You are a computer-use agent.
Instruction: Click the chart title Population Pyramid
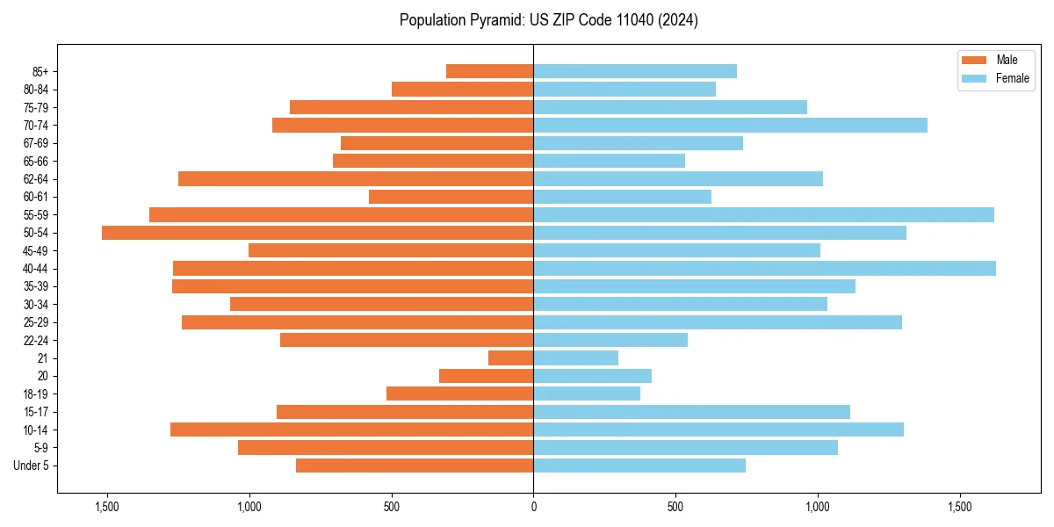548,20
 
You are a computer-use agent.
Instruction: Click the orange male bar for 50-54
317,233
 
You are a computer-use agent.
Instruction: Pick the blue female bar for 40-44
764,269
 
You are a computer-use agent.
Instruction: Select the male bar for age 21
510,358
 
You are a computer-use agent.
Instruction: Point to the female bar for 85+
634,71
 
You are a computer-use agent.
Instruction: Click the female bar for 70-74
730,126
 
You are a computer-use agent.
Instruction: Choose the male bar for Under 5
415,466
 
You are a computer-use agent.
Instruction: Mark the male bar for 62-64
356,179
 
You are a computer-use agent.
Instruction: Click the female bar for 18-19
587,393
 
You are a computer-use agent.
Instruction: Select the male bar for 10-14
351,430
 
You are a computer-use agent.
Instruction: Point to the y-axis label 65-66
36,162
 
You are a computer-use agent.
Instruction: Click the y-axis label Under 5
32,466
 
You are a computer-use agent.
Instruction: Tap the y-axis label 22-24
36,341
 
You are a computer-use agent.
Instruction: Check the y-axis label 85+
40,72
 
